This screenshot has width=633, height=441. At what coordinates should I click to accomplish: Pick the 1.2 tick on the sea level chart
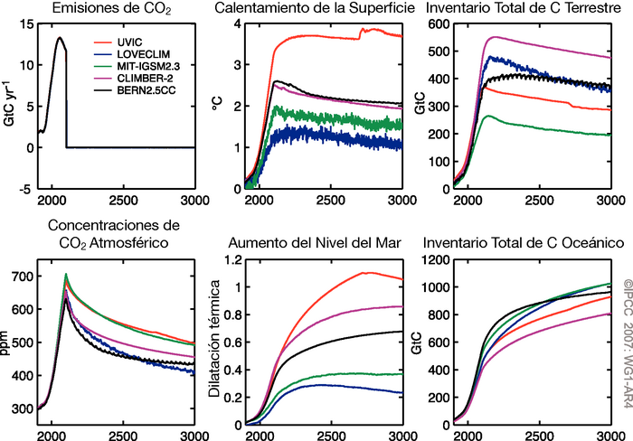230,260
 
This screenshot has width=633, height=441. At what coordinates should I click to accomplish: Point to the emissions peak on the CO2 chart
60,37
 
